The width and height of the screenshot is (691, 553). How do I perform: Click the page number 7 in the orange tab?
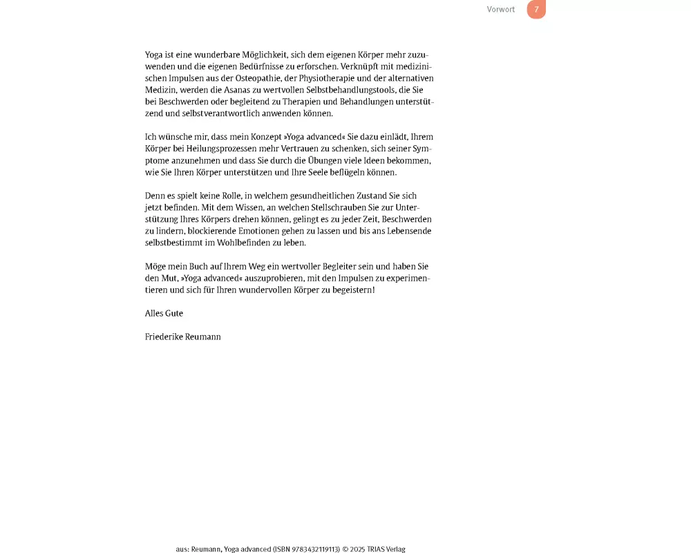click(x=536, y=10)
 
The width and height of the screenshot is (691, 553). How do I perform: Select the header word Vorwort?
click(x=500, y=10)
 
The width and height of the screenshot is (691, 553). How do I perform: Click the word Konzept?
click(x=265, y=137)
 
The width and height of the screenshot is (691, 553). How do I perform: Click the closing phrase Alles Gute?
click(x=164, y=313)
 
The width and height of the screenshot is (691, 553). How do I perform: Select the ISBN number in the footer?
click(x=312, y=549)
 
